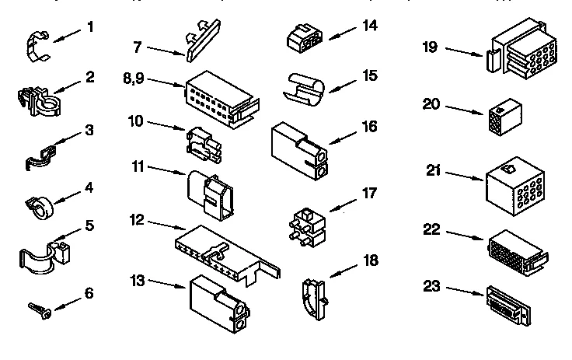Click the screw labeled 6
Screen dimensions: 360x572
pyautogui.click(x=39, y=309)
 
